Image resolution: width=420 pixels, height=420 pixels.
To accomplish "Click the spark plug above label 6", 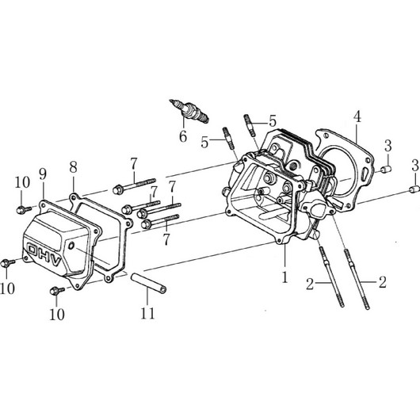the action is pos(189,112).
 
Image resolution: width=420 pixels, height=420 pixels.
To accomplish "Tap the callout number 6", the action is pos(183,136).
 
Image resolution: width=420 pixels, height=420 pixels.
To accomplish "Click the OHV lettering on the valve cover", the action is pos(44,254).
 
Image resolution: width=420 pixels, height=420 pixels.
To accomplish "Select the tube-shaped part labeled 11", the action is pos(148,283).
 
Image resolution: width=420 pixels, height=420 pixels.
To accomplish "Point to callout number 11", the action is pos(147,313).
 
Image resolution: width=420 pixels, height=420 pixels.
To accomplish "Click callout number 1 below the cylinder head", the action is pos(285,277).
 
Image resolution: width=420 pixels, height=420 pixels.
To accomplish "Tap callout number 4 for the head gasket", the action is pos(357,116).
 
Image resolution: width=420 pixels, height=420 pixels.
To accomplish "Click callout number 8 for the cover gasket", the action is pos(73,167).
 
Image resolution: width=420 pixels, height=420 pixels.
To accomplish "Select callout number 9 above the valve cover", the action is pos(43,174).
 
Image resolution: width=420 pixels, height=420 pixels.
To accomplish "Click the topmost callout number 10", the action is pos(22,183).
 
